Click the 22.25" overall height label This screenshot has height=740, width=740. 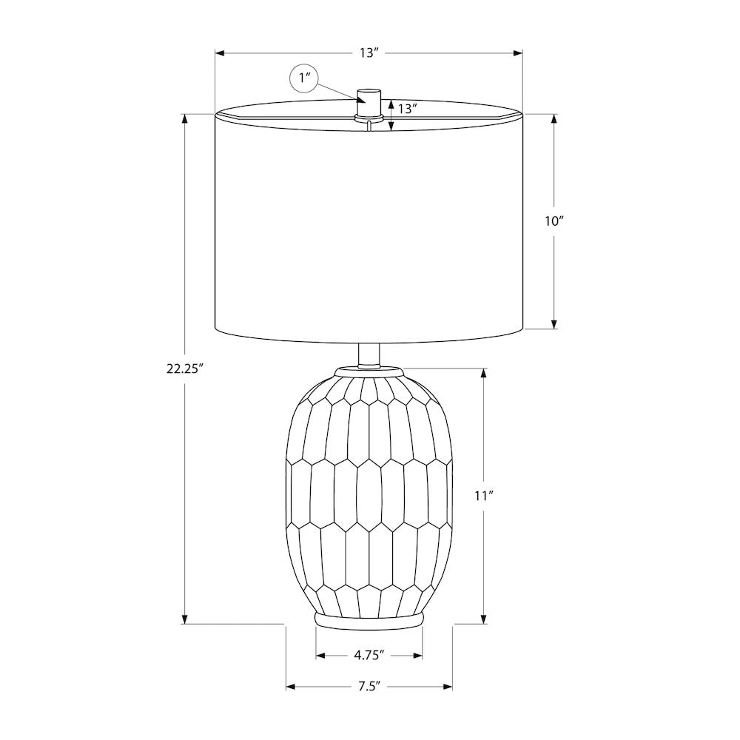point(184,369)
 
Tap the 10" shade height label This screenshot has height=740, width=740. point(554,221)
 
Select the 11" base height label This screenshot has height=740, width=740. point(484,496)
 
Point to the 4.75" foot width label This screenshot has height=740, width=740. point(369,655)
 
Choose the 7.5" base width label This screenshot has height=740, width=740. point(369,686)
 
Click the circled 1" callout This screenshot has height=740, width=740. point(303,77)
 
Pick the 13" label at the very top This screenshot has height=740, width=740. point(369,53)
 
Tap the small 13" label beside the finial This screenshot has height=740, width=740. point(407,109)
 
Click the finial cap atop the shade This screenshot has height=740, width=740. point(369,102)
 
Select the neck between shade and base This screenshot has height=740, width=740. point(369,355)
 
